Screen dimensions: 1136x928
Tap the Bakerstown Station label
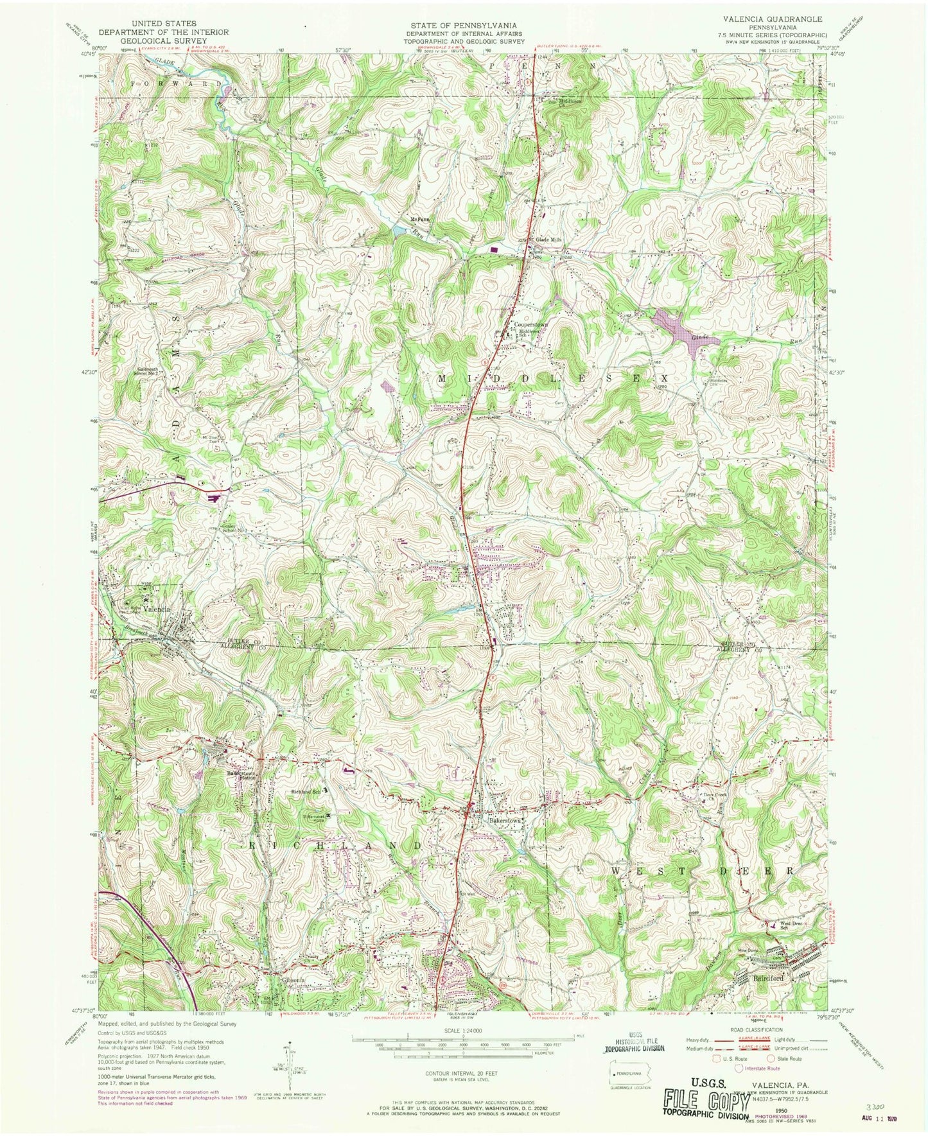tap(240, 776)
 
